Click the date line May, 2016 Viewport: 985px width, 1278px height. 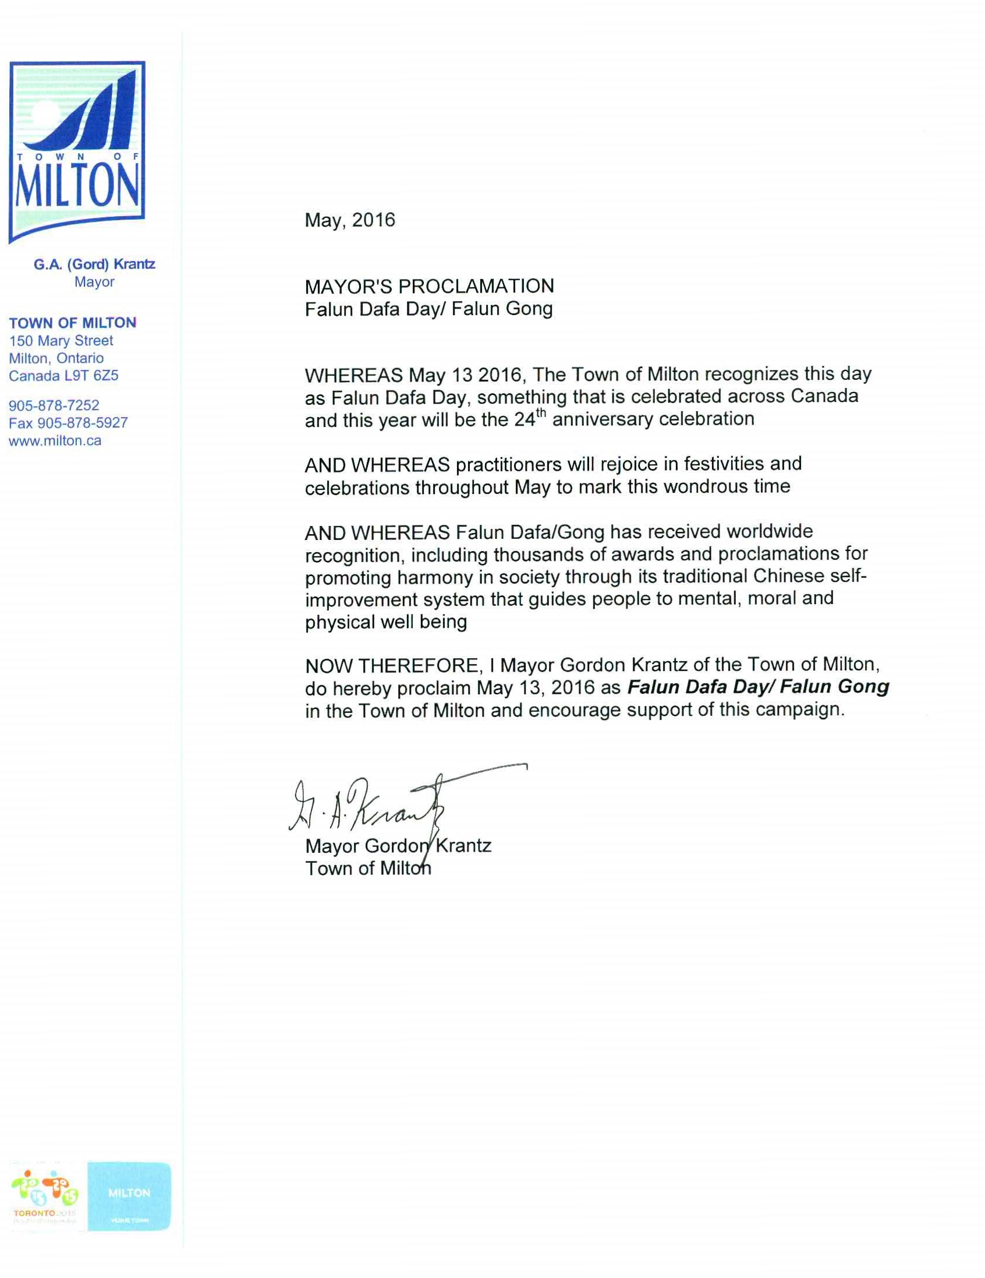coord(350,221)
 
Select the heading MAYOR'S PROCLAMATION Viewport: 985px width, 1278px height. coord(428,286)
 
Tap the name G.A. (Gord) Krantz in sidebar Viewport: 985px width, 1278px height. coord(94,264)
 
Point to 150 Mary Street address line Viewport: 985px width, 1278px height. coord(61,341)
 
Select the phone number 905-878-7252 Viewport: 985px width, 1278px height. coord(54,405)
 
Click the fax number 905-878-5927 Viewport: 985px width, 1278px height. coord(83,422)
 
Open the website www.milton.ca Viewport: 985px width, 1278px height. coord(55,440)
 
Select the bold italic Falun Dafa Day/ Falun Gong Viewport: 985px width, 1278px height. coord(758,687)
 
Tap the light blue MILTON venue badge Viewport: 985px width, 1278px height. coord(129,1195)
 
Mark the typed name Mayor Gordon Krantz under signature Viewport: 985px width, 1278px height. coord(398,846)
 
